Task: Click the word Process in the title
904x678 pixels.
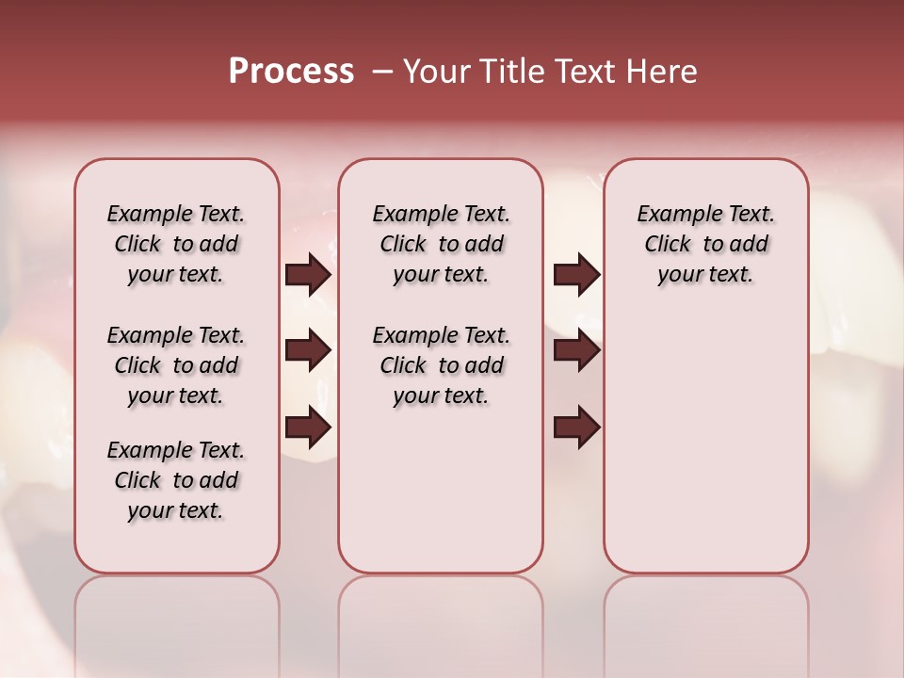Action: click(291, 72)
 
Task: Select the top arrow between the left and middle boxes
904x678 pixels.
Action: click(308, 274)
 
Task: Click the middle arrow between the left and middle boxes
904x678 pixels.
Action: click(308, 350)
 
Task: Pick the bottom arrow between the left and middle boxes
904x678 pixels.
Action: click(308, 427)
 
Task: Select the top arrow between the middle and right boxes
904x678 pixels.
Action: click(577, 274)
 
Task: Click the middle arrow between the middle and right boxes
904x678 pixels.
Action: click(577, 350)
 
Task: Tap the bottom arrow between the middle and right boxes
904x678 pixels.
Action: click(577, 427)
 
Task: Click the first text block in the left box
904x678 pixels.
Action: click(176, 244)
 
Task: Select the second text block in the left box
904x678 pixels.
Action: click(176, 365)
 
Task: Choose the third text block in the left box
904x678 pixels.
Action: click(176, 480)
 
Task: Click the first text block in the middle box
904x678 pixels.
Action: click(442, 244)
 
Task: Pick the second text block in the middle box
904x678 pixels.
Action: click(442, 365)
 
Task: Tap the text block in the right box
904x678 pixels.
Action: click(706, 244)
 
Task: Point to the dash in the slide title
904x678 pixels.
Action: click(382, 73)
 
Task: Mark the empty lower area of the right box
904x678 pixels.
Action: click(706, 443)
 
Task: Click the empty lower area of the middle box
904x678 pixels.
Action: click(441, 490)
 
